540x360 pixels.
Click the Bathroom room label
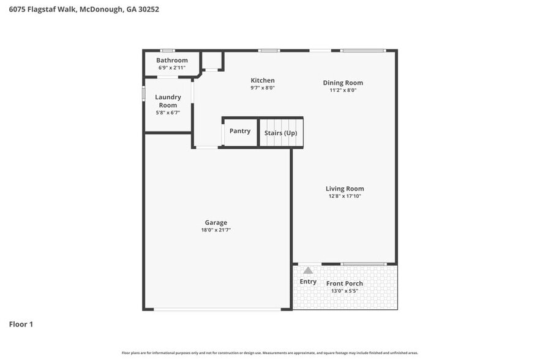point(171,60)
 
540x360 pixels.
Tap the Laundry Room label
point(168,101)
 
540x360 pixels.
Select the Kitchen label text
point(263,80)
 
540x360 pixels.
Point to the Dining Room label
point(343,83)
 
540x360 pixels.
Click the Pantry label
point(239,131)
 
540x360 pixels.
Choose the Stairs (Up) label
point(280,133)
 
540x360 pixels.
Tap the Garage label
point(216,222)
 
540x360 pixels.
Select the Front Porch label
point(344,283)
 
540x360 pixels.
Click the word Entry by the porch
point(308,282)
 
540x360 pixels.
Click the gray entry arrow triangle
point(308,270)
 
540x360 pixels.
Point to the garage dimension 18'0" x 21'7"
point(216,230)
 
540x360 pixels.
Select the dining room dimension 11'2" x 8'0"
point(343,90)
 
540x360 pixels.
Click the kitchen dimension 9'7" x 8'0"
point(263,88)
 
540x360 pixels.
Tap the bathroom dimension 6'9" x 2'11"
point(171,67)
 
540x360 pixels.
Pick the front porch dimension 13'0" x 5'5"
point(344,291)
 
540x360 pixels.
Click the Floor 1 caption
point(21,324)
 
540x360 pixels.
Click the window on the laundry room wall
point(143,93)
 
